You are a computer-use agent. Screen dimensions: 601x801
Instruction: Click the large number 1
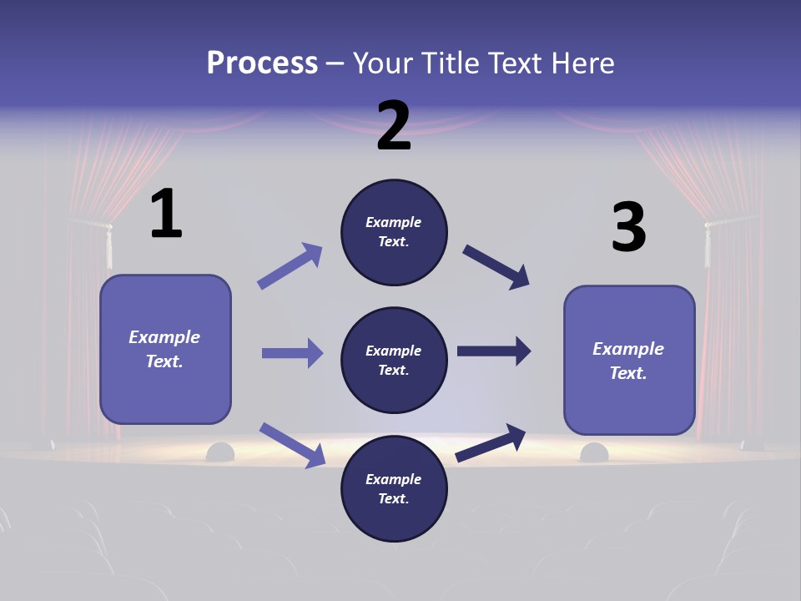tap(166, 214)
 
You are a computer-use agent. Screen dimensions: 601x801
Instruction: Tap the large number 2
tap(394, 126)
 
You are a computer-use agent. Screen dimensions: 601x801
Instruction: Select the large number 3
tap(628, 228)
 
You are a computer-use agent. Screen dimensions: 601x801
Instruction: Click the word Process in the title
tap(262, 63)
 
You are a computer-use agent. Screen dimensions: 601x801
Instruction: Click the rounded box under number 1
tap(165, 349)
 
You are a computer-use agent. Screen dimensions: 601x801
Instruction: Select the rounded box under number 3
tap(629, 360)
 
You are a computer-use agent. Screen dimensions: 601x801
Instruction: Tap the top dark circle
tap(394, 232)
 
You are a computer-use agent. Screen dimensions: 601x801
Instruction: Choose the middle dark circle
tap(394, 360)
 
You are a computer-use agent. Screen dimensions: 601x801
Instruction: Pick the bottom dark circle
tap(394, 488)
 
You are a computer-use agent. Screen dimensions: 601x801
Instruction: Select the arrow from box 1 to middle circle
tap(292, 353)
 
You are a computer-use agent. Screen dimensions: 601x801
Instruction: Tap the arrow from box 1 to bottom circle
tap(292, 445)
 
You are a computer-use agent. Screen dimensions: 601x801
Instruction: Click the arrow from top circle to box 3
tap(496, 267)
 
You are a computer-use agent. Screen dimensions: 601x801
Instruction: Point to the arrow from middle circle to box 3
tap(494, 351)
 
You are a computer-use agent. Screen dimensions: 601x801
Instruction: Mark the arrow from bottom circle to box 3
tap(491, 443)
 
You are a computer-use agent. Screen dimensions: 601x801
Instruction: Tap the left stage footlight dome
tap(220, 453)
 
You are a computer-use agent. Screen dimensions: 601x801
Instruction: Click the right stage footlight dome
tap(594, 453)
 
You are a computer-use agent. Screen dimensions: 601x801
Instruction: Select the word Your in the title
tap(383, 63)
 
